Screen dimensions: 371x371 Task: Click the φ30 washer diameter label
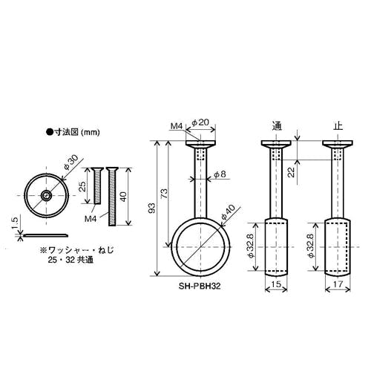pyautogui.click(x=71, y=162)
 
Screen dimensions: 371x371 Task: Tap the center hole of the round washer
pyautogui.click(x=46, y=196)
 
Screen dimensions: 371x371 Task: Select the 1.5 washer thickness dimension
pyautogui.click(x=15, y=223)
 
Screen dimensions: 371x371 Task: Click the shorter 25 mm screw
pyautogui.click(x=97, y=185)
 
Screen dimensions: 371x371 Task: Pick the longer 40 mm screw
pyautogui.click(x=112, y=197)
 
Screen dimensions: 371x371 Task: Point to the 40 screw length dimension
pyautogui.click(x=124, y=197)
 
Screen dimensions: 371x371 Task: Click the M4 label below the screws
pyautogui.click(x=91, y=219)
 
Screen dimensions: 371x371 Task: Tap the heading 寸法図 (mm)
pyautogui.click(x=73, y=132)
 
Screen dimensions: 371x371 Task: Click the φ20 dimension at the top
pyautogui.click(x=200, y=122)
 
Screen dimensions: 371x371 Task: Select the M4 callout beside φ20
pyautogui.click(x=177, y=126)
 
